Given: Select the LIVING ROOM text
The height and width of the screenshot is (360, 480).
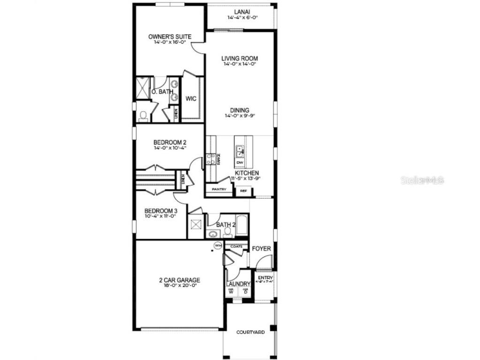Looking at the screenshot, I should pos(240,59).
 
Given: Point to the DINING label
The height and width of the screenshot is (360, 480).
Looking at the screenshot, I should pos(240,111).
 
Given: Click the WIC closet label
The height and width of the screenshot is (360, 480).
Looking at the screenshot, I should pos(191,98).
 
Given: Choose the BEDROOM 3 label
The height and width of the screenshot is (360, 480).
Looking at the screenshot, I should pos(160,210).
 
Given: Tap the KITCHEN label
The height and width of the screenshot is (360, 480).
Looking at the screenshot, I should pos(247,173).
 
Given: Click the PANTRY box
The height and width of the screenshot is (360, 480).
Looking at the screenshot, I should pos(219,189).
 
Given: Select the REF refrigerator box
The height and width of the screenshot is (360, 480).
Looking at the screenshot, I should pos(244,191).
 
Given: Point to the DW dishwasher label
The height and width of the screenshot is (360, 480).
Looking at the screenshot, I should pos(240,162).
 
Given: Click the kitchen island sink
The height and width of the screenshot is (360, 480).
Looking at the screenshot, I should pos(240,151).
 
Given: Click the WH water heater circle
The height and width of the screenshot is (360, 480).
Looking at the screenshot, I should pos(218,245).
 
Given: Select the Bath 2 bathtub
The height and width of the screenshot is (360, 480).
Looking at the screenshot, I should pos(242,225).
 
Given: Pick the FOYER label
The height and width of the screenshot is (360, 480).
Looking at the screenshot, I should pos(261,248).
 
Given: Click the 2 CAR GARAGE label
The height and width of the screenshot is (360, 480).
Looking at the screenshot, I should pos(179,280).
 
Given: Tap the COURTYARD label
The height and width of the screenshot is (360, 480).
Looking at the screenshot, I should pos(250,332).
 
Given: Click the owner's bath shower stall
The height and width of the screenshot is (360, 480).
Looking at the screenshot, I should pos(142,88).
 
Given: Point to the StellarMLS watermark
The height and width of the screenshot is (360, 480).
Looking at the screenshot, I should pos(422,180).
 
